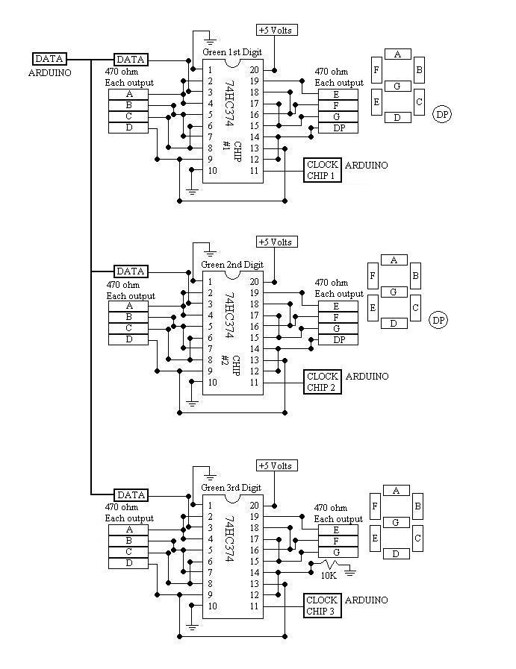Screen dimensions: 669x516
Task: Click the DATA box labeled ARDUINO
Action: (50, 58)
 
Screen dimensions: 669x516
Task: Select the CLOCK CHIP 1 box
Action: (323, 170)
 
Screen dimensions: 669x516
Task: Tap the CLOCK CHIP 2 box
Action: (323, 381)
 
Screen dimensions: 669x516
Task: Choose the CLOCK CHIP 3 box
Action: (323, 605)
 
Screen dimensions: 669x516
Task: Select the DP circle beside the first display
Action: (442, 113)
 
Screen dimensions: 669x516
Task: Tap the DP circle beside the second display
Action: (439, 320)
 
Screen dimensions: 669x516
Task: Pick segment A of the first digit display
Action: (397, 54)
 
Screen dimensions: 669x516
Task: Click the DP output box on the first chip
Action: (338, 128)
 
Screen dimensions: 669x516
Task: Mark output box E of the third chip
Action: (338, 530)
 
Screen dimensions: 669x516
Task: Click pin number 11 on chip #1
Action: (254, 171)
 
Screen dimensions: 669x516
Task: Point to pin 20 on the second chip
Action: (254, 282)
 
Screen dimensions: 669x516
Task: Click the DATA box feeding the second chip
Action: (131, 271)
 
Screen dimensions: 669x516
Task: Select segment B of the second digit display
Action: (417, 278)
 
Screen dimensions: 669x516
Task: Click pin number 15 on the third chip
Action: (254, 561)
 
